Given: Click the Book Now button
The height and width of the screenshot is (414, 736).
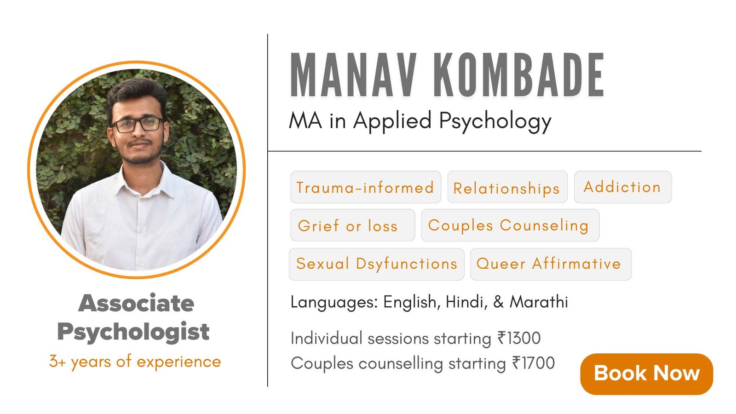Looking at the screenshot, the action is click(647, 374).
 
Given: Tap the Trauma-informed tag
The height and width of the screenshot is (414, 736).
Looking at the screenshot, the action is click(366, 187).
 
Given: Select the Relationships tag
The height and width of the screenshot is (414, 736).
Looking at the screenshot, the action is click(507, 187).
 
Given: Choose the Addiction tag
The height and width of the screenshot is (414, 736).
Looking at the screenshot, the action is click(623, 187).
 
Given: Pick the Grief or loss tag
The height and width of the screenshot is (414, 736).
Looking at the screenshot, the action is click(352, 225).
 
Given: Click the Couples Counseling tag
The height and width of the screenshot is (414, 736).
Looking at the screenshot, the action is click(510, 225).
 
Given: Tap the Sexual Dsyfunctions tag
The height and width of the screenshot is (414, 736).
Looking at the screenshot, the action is click(377, 264).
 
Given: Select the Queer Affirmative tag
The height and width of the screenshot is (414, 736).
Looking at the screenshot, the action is click(551, 264).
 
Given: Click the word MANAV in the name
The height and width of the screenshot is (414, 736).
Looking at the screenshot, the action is click(354, 75).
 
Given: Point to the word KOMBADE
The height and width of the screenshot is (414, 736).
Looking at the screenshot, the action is click(519, 75).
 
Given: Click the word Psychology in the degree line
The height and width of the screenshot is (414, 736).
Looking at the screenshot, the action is click(495, 121).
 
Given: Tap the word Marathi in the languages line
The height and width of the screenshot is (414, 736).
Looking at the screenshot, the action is click(539, 302).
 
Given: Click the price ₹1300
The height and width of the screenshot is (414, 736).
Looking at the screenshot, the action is click(519, 338).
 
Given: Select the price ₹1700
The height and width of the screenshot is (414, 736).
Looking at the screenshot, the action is click(533, 363).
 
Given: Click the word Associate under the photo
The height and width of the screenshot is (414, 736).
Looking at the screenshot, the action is click(136, 303).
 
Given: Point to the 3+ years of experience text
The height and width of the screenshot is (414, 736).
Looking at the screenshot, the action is click(135, 362).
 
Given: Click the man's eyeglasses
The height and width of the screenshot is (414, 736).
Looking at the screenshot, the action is click(138, 125).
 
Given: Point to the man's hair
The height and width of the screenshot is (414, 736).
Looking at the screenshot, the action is click(136, 90).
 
